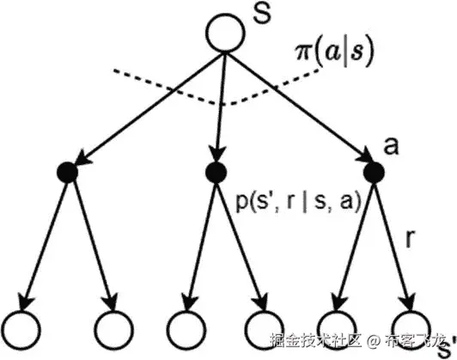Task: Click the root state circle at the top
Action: (224, 33)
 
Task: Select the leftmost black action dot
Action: (67, 173)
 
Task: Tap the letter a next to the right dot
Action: (393, 148)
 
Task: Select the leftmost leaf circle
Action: (23, 327)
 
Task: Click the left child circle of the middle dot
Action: (183, 327)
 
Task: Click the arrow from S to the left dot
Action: (146, 102)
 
